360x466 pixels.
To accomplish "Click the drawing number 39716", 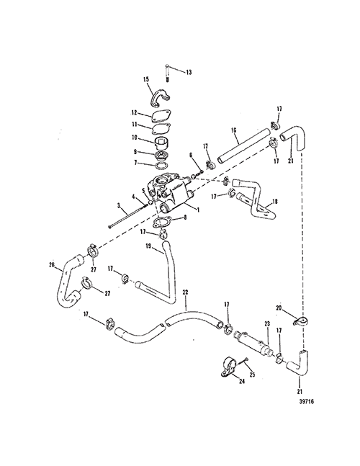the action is [306, 402].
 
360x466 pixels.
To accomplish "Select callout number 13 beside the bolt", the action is [189, 72].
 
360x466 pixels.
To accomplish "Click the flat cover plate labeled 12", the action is [161, 117].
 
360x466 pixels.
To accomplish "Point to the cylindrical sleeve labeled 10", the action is [161, 143].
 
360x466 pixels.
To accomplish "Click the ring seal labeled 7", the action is [161, 165].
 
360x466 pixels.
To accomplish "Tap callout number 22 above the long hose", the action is [185, 292].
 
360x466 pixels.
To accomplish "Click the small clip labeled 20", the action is [300, 322].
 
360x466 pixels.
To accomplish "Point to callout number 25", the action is [252, 375].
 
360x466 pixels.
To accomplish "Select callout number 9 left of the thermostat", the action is [135, 152].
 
